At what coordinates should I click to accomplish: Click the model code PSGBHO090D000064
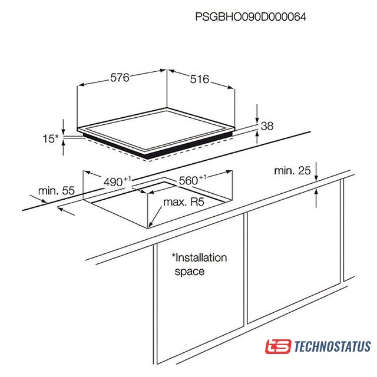coord(250,17)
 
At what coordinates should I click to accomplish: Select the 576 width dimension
coord(120,77)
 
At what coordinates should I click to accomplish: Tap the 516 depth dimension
coord(200,79)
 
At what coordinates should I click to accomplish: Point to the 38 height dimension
coord(267,126)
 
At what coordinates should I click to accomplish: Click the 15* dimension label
coord(51,139)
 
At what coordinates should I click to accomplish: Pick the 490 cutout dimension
coord(113,182)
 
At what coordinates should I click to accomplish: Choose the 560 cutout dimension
coord(188,181)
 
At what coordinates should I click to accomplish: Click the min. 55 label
coord(57,191)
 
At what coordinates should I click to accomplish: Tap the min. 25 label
coord(292,171)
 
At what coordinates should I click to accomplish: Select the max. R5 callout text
coord(184,202)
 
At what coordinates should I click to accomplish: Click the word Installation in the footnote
coord(199,258)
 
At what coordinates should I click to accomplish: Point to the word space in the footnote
coord(190,272)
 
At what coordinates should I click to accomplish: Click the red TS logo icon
coord(278,346)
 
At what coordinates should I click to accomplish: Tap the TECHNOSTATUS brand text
coord(332,346)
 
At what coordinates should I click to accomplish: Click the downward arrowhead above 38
coord(257,120)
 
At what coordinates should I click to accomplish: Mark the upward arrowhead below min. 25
coord(316,192)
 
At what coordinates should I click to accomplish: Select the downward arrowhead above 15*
coord(64,131)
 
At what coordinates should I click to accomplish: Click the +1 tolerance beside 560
coord(203,177)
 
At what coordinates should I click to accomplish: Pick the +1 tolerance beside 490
coord(127,179)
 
